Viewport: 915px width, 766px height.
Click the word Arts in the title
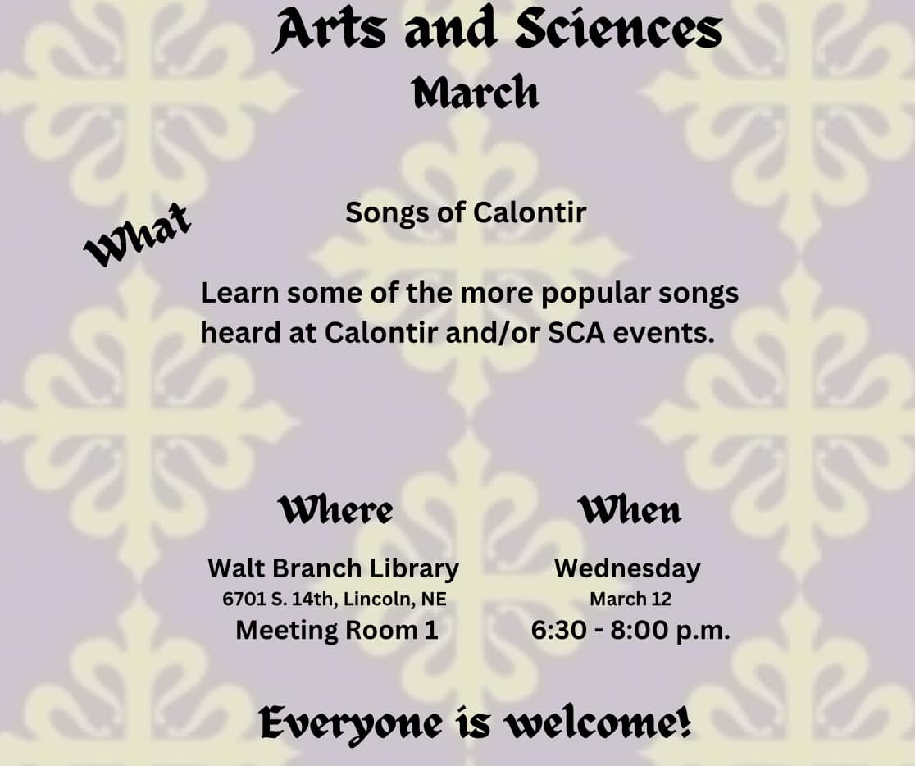[x=329, y=30]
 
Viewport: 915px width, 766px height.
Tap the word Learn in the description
[x=240, y=293]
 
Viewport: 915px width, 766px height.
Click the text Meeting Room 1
[x=337, y=631]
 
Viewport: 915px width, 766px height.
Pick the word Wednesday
[x=627, y=568]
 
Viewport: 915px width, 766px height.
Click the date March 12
[x=630, y=599]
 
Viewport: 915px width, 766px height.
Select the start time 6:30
[x=558, y=631]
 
